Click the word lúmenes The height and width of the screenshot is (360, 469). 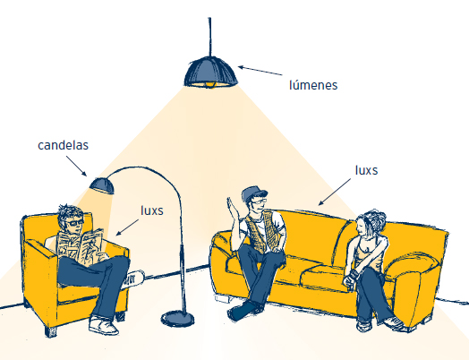click(x=313, y=85)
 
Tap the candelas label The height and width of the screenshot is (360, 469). click(x=64, y=145)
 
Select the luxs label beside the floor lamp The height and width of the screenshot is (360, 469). click(x=152, y=210)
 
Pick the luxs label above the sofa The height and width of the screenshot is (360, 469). click(x=366, y=170)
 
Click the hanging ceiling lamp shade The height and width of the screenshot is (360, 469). click(x=211, y=73)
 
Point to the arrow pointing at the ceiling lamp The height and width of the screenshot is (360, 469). click(x=260, y=71)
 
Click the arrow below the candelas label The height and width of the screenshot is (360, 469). click(x=76, y=166)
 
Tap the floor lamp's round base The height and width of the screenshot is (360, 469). click(x=177, y=319)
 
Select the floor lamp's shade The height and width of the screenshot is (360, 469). click(x=102, y=185)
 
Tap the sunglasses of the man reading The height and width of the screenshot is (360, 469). click(x=74, y=223)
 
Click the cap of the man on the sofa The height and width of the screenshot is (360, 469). click(x=253, y=193)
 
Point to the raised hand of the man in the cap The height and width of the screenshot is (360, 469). click(x=233, y=208)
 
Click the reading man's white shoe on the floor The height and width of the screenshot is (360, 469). click(x=103, y=325)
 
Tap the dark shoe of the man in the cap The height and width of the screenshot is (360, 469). click(x=242, y=312)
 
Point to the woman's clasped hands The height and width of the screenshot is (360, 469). click(x=350, y=278)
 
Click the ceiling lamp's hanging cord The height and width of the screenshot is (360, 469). click(x=210, y=37)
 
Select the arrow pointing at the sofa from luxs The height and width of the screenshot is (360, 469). click(x=335, y=192)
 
